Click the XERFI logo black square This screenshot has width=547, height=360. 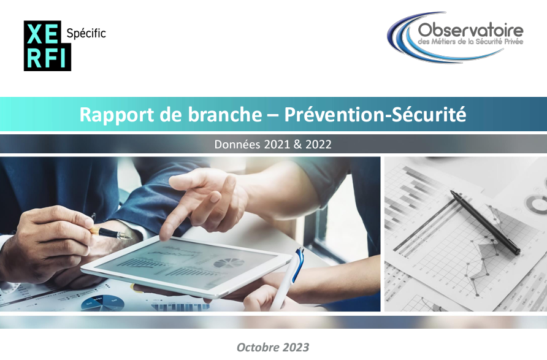47,45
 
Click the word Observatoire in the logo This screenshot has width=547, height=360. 470,30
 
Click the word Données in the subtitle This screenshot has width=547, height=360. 237,145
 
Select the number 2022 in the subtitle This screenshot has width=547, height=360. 318,145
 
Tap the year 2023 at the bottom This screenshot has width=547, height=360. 296,347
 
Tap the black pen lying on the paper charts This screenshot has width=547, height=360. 484,221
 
